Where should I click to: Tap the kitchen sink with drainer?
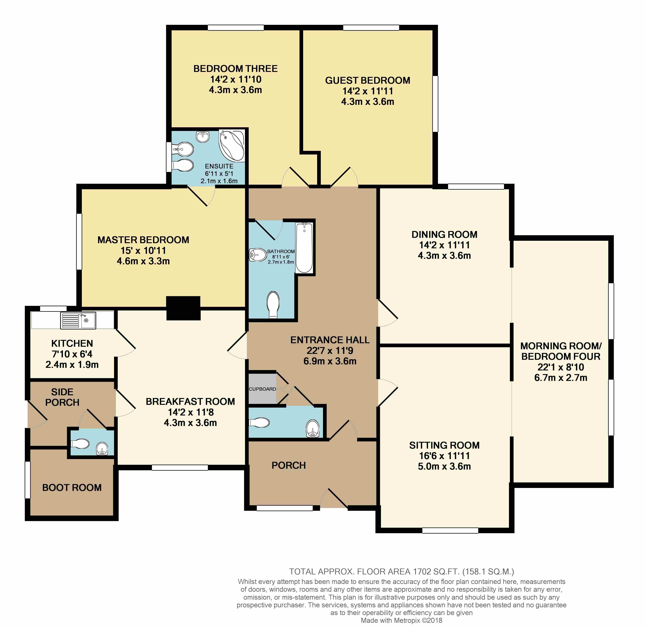coord(78,320)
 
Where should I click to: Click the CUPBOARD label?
coord(262,389)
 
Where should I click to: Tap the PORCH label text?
coord(289,465)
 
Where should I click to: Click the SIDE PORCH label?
coord(62,397)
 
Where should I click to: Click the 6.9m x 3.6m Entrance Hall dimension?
coord(330,361)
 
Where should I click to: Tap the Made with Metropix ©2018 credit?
coord(401,620)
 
